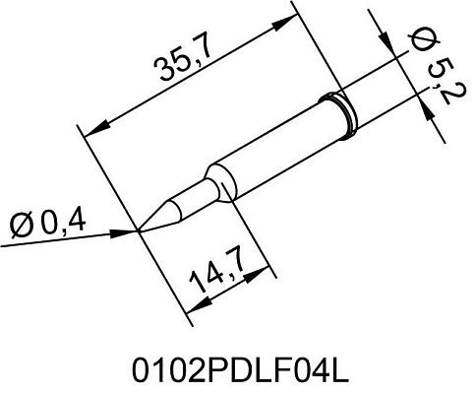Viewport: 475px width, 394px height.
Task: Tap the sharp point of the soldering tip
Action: (140, 230)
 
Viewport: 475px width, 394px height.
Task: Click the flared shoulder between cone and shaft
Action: (217, 181)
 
